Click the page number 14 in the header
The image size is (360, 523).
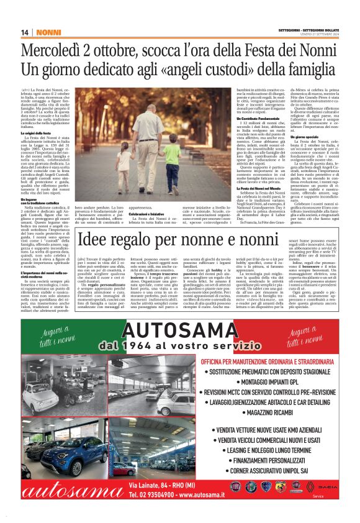[25, 32]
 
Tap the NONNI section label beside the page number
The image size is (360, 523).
[47, 32]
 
